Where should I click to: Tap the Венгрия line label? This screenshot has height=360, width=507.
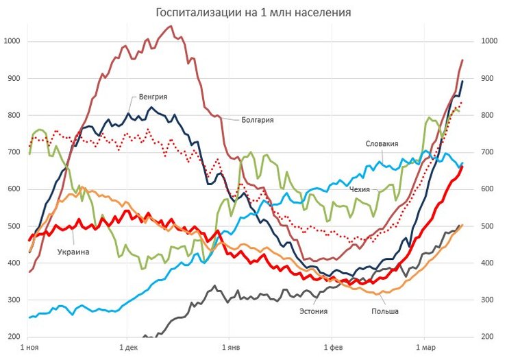[x=153, y=97]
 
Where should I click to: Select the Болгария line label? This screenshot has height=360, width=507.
[x=258, y=119]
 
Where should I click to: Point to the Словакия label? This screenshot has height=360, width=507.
[x=382, y=143]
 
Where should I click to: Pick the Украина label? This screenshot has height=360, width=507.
[x=72, y=252]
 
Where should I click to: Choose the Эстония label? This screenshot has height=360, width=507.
[x=312, y=311]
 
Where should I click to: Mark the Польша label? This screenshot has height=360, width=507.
[x=384, y=311]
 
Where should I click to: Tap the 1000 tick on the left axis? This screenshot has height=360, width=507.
[x=12, y=41]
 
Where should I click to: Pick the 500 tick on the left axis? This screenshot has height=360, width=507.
[x=14, y=226]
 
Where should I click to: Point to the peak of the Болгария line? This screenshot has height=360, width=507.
[x=170, y=26]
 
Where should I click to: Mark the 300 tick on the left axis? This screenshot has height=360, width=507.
[x=14, y=300]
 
